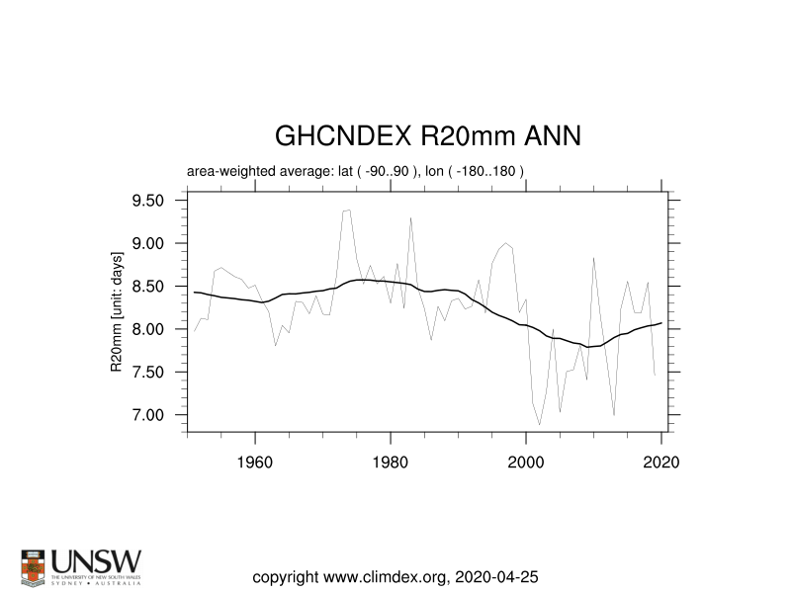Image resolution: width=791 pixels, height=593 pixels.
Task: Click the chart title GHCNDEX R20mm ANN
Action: (427, 135)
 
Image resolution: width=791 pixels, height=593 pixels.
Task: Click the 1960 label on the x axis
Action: (256, 462)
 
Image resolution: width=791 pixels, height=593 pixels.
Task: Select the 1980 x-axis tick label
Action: (392, 462)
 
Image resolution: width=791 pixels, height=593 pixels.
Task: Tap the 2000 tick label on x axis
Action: (527, 462)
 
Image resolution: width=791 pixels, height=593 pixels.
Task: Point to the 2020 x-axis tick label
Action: (661, 462)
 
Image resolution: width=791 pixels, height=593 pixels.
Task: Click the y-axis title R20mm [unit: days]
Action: (116, 311)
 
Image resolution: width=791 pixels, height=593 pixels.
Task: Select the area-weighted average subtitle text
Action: (355, 171)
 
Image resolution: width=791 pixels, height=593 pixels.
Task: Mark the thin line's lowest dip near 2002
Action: (540, 425)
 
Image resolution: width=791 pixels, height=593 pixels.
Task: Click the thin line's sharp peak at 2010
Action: (593, 258)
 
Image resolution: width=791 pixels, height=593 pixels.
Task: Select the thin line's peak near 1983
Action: (410, 217)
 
